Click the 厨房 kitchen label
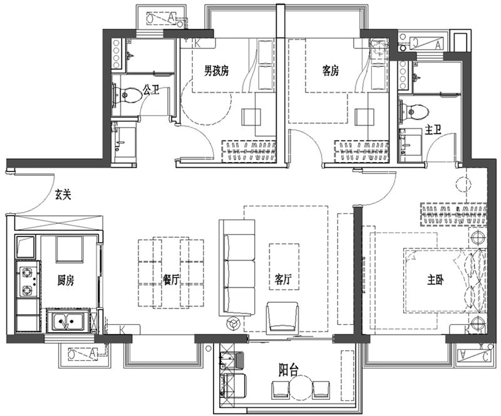tap(66, 281)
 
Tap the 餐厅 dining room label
tap(170, 280)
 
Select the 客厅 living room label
tap(283, 280)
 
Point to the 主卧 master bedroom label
tap(435, 280)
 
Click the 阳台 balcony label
tap(289, 371)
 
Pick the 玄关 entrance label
tap(63, 194)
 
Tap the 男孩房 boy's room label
tap(217, 71)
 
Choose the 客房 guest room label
tap(331, 71)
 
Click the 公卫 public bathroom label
tap(151, 89)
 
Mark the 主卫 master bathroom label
tap(433, 130)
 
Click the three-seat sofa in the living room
tap(237, 268)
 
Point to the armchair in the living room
tap(282, 318)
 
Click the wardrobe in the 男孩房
tap(249, 151)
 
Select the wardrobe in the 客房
tap(362, 151)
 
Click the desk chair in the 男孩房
tap(251, 117)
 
